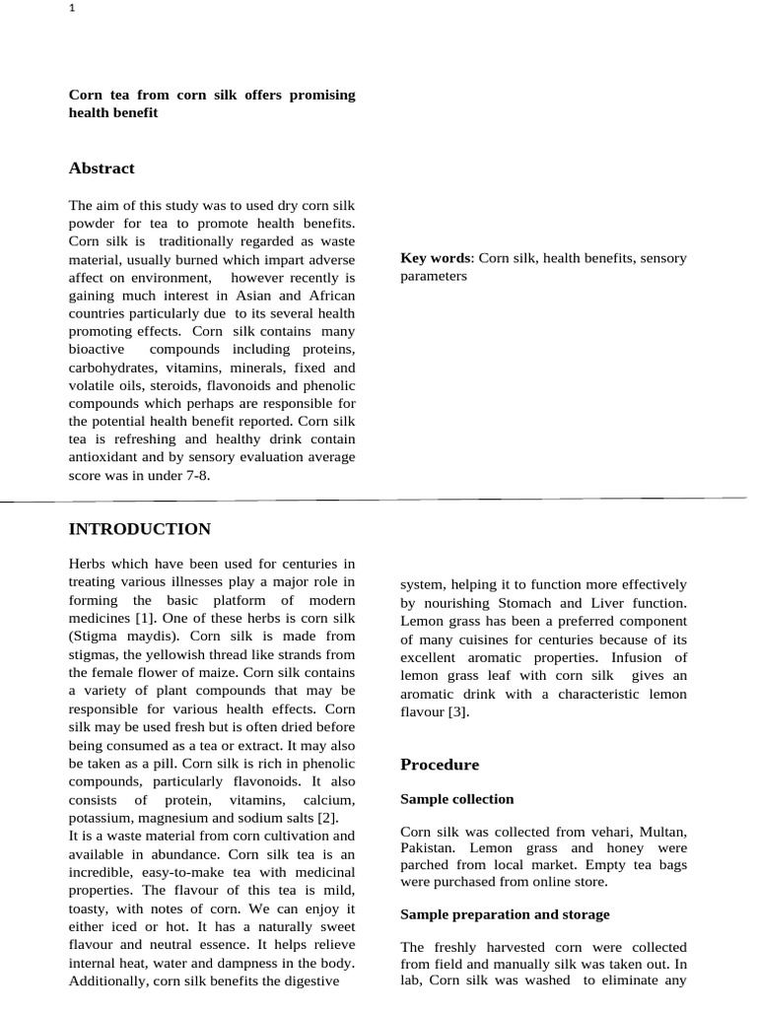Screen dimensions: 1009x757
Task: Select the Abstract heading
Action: point(102,168)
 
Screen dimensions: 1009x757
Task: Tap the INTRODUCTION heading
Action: point(139,529)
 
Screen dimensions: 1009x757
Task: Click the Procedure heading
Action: point(439,765)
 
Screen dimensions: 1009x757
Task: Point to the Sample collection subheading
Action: point(456,799)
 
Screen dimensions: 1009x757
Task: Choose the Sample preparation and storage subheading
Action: point(505,914)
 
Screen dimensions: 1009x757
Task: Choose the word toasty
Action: point(90,908)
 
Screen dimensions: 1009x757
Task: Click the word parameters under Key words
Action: point(434,276)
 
